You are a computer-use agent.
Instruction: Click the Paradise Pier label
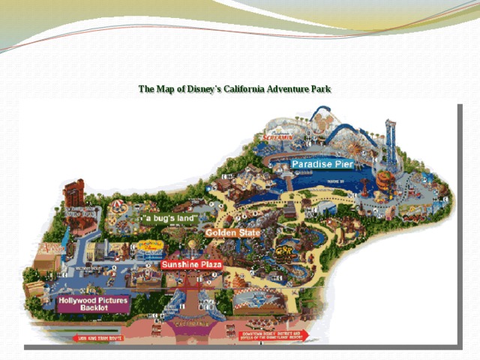click(x=322, y=164)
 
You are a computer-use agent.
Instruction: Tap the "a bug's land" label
click(x=172, y=217)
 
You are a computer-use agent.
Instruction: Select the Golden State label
click(x=232, y=232)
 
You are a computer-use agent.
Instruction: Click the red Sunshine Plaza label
click(x=191, y=265)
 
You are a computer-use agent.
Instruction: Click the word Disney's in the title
click(x=198, y=90)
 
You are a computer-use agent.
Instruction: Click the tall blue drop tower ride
click(x=391, y=142)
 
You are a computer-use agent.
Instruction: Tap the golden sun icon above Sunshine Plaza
click(x=193, y=245)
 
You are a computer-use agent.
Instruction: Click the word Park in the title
click(x=320, y=90)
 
